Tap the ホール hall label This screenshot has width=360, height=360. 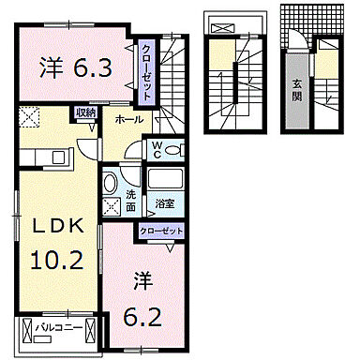[128, 121]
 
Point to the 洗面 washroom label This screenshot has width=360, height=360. [132, 199]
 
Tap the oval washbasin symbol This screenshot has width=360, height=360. [110, 184]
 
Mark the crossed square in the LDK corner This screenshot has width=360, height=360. [28, 119]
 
